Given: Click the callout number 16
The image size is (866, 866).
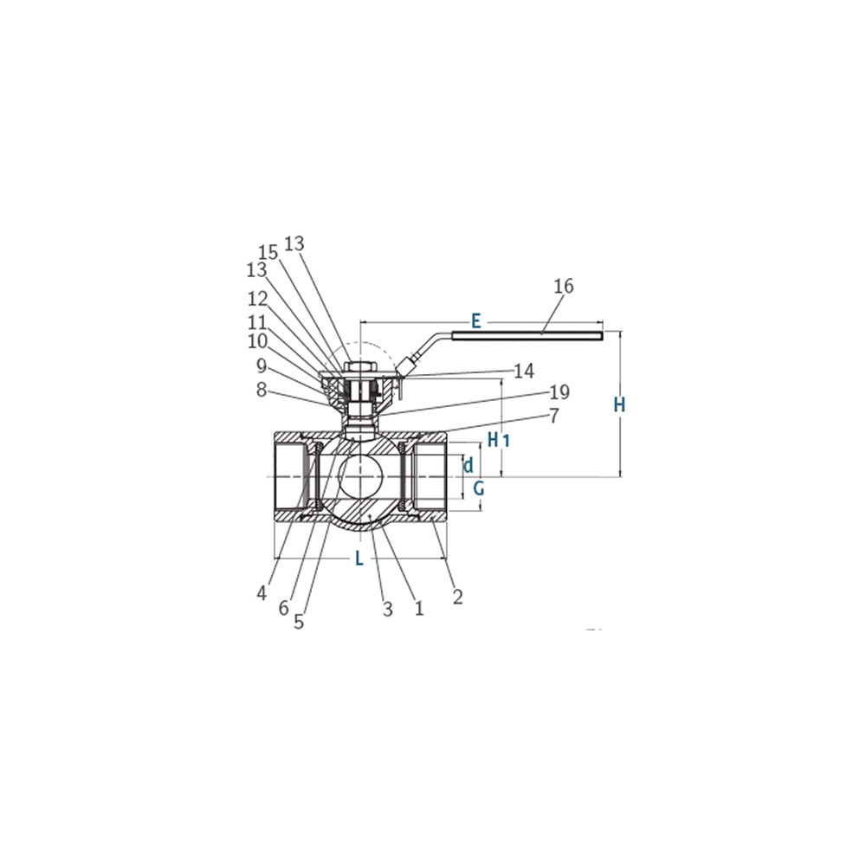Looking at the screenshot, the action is pos(564,286).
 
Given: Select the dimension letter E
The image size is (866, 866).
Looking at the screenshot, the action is pos(476,321).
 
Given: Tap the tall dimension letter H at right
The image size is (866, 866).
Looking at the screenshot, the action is pos(620,404).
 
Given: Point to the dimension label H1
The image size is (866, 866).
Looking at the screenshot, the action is pos(498,440).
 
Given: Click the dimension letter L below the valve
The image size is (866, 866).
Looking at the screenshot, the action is pos(359,558).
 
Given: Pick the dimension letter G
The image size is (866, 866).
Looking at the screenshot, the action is pos(479,488).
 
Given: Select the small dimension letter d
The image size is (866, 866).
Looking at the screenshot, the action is pos(469,465).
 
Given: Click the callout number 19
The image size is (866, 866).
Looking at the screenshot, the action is pos(559,391).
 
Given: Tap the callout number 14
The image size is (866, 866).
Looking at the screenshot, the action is pos(524,372).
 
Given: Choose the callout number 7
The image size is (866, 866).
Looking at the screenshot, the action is pos(554,416).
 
